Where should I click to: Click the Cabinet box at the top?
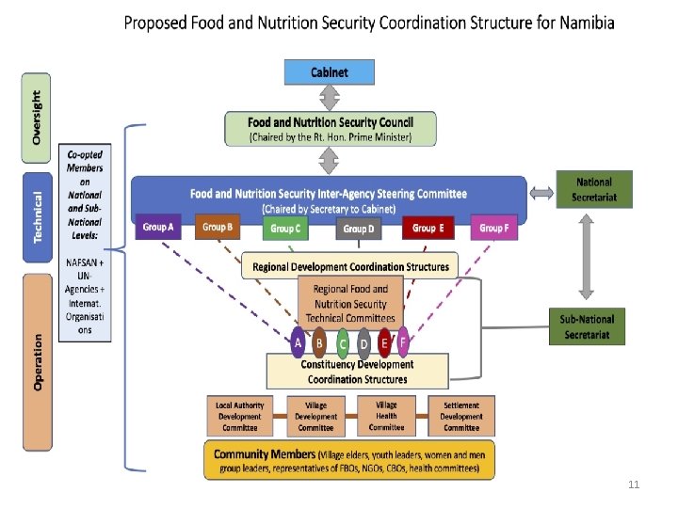point(330,71)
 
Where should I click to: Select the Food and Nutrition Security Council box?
point(330,129)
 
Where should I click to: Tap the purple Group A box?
point(158,228)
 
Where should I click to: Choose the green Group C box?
point(285,229)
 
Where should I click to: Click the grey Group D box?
point(359,229)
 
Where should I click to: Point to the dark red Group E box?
point(428,228)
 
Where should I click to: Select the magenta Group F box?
point(493,228)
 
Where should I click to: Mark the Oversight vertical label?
point(37,117)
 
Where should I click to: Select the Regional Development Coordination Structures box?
point(349,266)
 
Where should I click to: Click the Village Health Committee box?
point(386,416)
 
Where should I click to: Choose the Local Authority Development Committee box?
point(240,416)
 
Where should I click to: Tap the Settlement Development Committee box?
point(461,416)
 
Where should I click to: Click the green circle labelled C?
point(343,344)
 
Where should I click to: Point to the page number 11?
point(633,484)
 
